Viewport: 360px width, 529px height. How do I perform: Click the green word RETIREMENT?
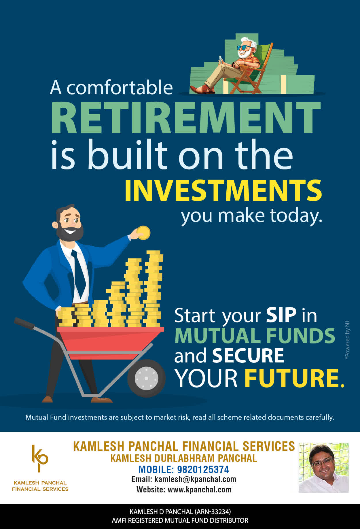pos(186,118)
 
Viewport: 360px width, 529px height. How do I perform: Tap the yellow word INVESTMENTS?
pos(223,190)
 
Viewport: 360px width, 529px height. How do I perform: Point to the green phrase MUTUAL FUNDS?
pos(255,336)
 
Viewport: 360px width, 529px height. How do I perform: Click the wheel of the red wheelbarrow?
pos(146,378)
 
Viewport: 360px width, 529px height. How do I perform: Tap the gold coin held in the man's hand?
pos(143,233)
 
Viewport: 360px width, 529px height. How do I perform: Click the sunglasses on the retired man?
pos(244,48)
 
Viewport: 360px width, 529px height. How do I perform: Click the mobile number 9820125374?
pos(203,470)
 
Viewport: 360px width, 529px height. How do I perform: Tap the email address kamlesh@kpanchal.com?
pos(195,479)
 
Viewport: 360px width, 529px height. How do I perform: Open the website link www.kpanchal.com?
pos(200,490)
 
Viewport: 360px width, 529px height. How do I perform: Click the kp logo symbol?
pos(40,458)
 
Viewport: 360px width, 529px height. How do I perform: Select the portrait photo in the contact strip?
pos(324,468)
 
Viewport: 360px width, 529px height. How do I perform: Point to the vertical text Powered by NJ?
pos(347,340)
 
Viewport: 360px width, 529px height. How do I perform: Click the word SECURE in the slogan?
pos(248,356)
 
